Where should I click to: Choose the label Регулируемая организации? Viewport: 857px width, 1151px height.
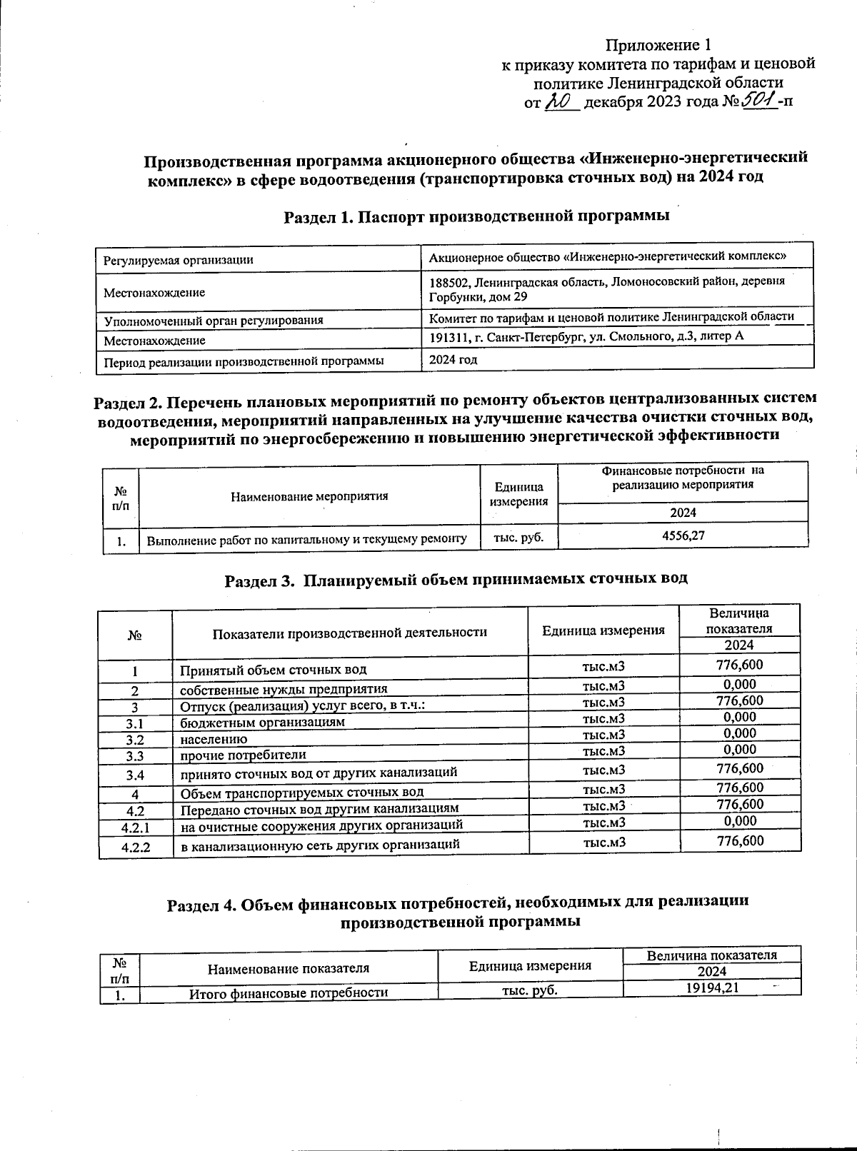(x=179, y=261)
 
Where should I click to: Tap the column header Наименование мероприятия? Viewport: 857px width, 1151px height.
(x=309, y=496)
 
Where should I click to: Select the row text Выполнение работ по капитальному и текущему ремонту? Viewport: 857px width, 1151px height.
(x=307, y=541)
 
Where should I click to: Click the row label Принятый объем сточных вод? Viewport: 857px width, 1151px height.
(x=274, y=670)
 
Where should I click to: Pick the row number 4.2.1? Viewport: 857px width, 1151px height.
(x=136, y=828)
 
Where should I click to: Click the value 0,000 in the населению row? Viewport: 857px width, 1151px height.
(x=739, y=733)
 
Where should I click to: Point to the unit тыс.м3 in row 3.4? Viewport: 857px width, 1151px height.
(x=604, y=770)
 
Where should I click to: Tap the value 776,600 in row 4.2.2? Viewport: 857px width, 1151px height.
(x=739, y=840)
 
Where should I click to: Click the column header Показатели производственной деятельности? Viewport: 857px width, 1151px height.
(x=350, y=632)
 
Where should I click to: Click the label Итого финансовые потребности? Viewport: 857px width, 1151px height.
(x=288, y=992)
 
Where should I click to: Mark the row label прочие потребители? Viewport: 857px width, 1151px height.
(x=243, y=755)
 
